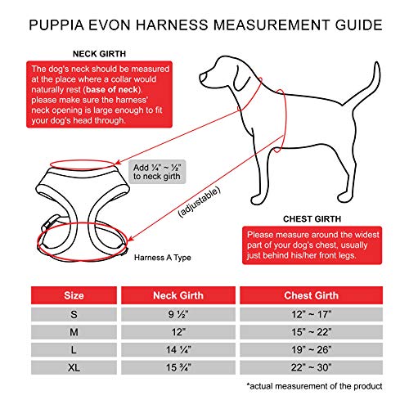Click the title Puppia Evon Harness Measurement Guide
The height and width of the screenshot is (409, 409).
(x=204, y=24)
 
